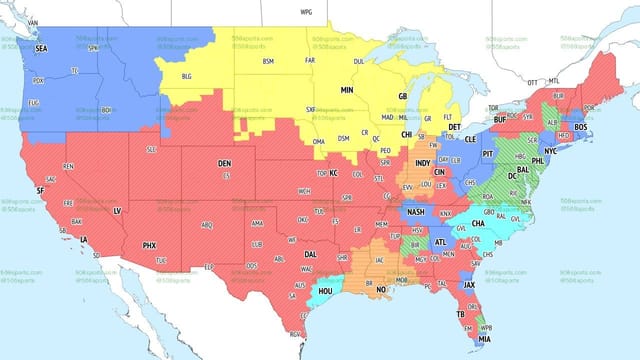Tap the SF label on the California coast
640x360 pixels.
point(40,189)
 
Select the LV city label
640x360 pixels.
point(116,211)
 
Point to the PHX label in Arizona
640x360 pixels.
point(149,245)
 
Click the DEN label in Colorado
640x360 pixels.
point(225,163)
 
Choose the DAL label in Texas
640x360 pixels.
point(311,255)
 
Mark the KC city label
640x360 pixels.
point(334,173)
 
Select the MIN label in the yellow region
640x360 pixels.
point(347,90)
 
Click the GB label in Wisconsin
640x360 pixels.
point(403,96)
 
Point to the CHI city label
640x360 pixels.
point(407,134)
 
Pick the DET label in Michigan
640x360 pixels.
point(454,127)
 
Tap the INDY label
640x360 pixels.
point(423,162)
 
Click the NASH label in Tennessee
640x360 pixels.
point(416,212)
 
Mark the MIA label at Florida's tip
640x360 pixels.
point(484,338)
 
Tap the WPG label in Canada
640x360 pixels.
point(306,11)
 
